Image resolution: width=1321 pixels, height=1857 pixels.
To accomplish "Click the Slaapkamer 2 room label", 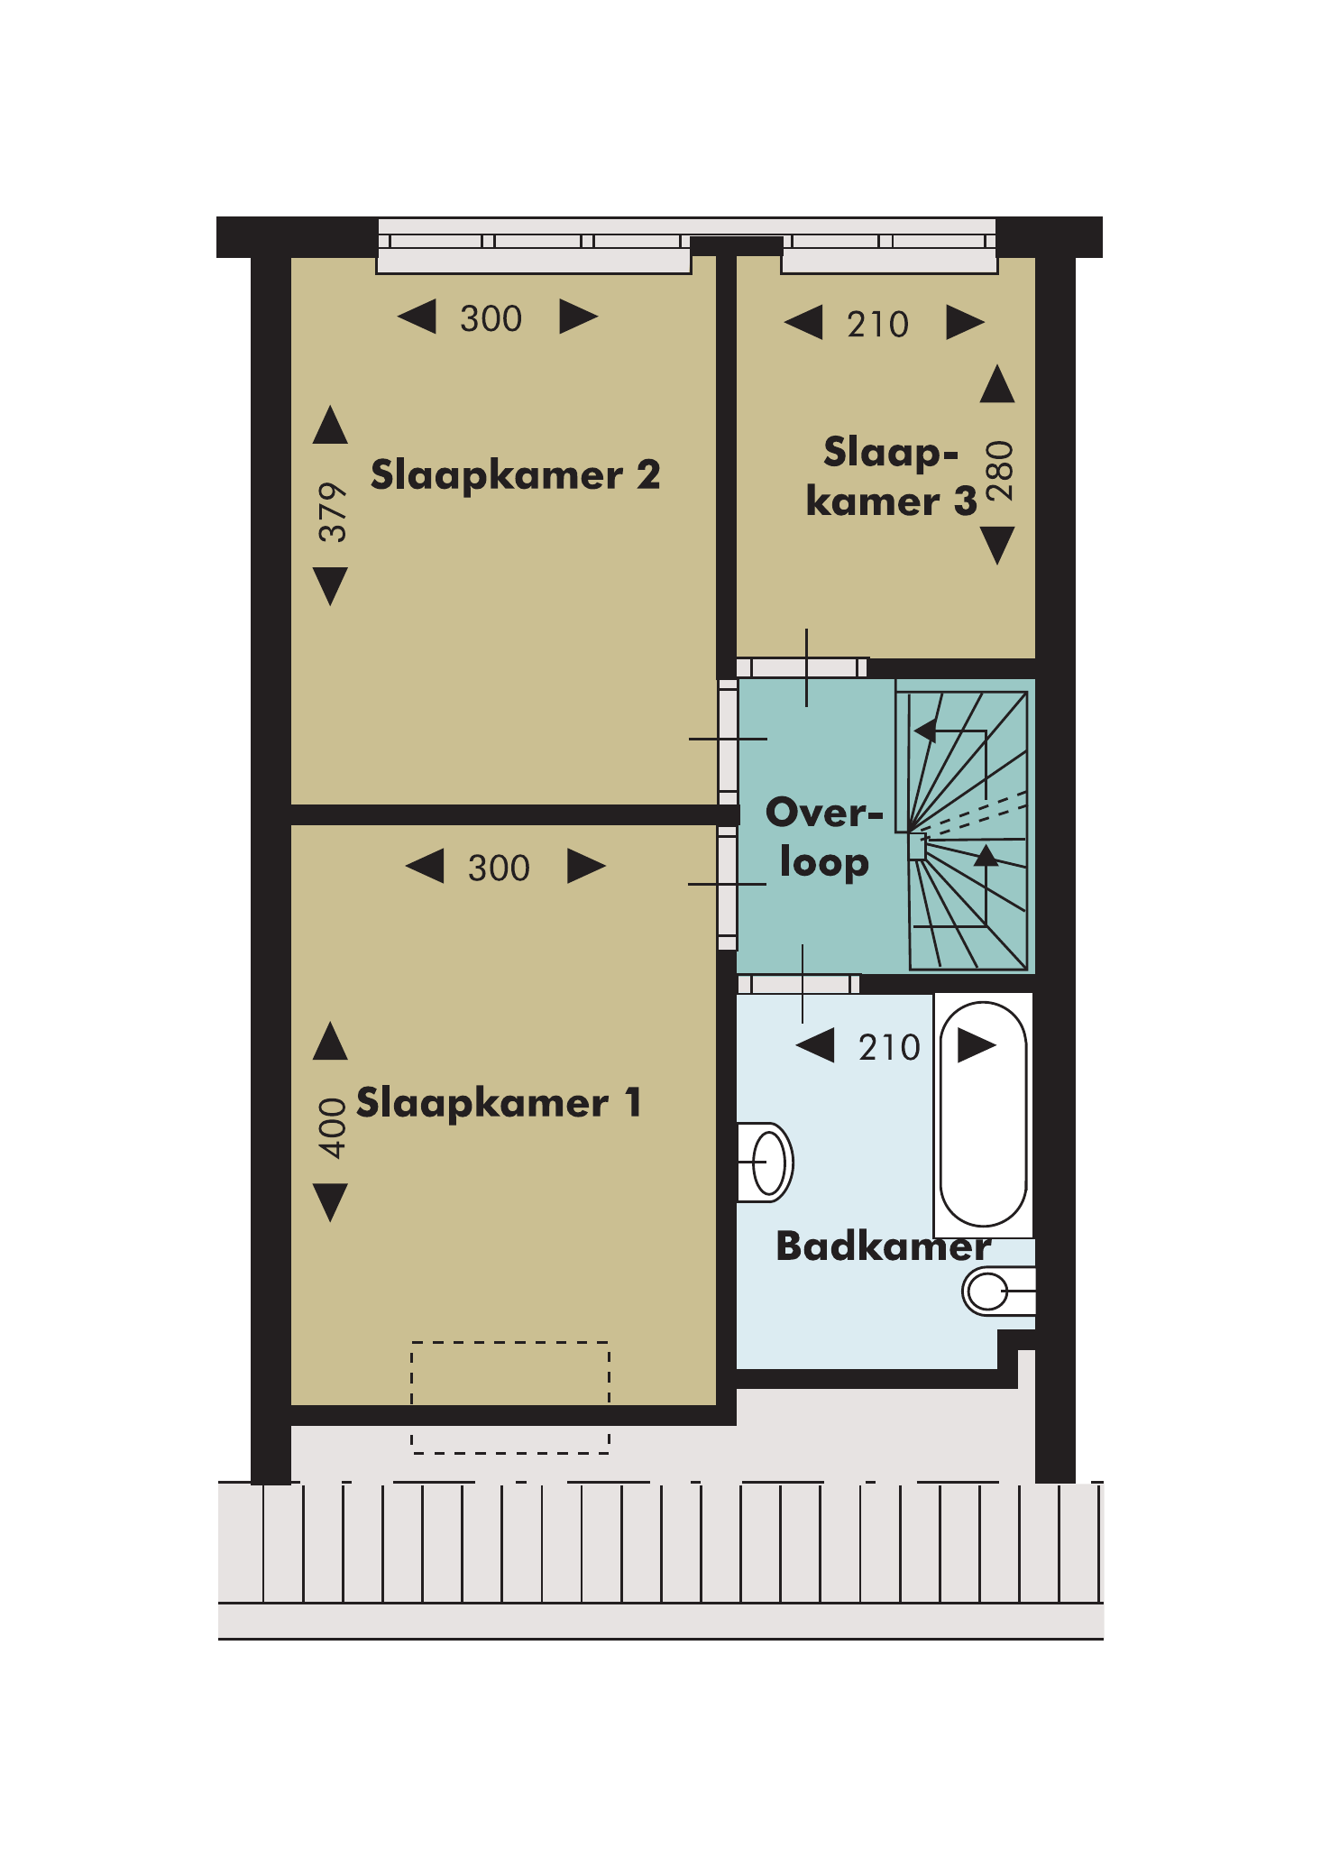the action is pos(515,475).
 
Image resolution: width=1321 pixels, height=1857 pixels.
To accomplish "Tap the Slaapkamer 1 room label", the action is pos(499,1103).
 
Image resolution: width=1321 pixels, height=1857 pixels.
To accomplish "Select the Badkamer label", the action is pos(884,1246).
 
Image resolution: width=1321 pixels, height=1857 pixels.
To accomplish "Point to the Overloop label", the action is pos(823,838).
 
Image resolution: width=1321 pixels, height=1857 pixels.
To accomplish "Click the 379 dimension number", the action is pos(333,511).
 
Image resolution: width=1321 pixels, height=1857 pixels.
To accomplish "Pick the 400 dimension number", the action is pos(333,1128).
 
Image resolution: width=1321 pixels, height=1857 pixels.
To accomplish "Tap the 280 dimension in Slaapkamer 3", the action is pos(999,471).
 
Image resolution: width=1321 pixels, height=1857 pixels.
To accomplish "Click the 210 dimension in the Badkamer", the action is pos(889,1047).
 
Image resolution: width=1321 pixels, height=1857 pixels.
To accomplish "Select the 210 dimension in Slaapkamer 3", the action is pos(877,324).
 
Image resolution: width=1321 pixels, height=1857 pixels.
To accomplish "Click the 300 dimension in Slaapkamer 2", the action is pos(491,318).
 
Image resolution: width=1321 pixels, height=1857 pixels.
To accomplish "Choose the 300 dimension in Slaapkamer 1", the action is pos(499,868).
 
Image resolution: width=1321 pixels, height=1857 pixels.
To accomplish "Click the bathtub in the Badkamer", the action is pos(983,1115).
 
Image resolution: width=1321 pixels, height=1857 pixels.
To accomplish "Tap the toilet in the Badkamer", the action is pos(998,1292).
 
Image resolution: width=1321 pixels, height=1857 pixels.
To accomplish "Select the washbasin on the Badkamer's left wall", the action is pos(766,1163).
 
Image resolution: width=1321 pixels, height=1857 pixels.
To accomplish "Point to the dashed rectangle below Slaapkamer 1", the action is pos(510,1397).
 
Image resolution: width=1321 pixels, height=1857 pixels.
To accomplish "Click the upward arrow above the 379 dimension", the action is pos(330,425).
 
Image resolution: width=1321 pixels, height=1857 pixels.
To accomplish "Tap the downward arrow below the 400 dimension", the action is pos(330,1203).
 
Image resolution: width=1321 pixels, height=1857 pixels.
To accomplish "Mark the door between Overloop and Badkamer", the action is pos(799,984).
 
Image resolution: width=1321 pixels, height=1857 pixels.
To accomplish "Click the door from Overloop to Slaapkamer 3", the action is pos(803,667).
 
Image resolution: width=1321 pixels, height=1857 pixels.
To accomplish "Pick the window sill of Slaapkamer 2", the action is pos(534,262).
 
